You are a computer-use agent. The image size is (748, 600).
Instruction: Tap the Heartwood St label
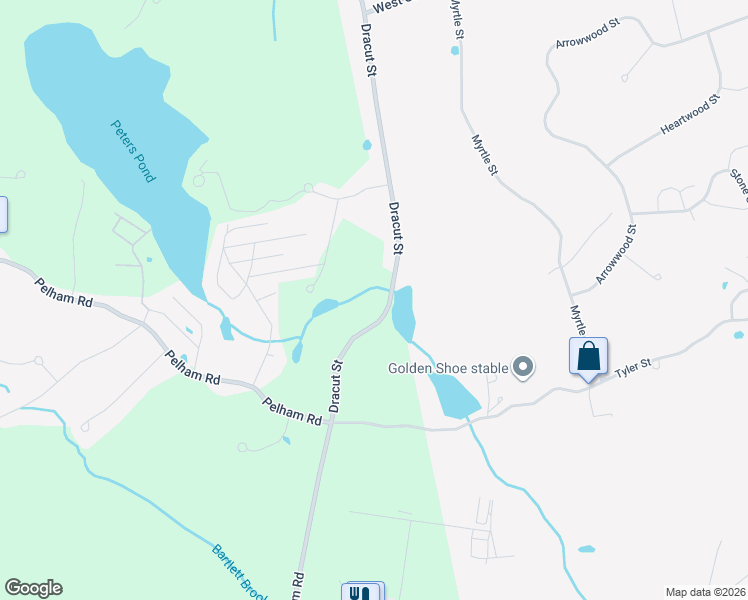click(690, 116)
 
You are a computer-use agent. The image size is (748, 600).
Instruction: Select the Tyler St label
click(633, 367)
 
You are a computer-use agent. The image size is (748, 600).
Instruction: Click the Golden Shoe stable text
click(448, 368)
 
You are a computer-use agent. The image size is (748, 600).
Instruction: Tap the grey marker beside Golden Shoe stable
click(522, 368)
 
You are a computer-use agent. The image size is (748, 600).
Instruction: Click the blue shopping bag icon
click(588, 355)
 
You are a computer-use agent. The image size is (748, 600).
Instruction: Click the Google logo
click(33, 588)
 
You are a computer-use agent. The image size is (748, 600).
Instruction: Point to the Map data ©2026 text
click(705, 592)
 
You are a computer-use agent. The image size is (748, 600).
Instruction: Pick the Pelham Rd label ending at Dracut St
click(292, 411)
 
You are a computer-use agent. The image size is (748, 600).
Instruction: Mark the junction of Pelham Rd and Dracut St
click(328, 422)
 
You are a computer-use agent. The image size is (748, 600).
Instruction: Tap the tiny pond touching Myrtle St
click(456, 50)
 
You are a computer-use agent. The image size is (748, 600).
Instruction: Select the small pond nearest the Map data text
click(587, 549)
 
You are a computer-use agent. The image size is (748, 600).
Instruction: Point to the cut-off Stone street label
click(740, 186)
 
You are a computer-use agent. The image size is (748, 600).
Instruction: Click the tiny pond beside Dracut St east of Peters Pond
click(367, 146)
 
